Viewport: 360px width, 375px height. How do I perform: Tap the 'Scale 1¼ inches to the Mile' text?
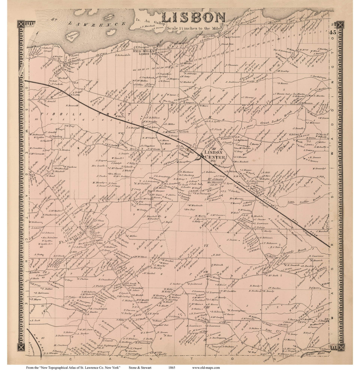click(x=194, y=28)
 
